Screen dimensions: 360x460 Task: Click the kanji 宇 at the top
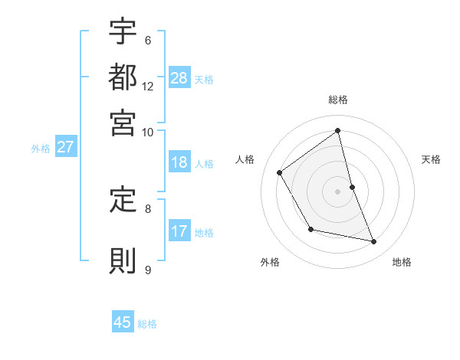(x=123, y=33)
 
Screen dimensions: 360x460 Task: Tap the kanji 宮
(x=123, y=121)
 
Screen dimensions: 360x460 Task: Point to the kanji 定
(x=123, y=201)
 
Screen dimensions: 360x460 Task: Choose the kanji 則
(x=123, y=260)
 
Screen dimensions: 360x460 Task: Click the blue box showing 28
(x=179, y=78)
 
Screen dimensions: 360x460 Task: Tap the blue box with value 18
(x=179, y=162)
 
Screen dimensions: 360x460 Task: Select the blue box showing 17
(x=179, y=231)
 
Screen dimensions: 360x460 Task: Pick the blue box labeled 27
(x=65, y=148)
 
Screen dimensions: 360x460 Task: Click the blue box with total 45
(x=123, y=322)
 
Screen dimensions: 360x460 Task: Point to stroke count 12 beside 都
(x=148, y=86)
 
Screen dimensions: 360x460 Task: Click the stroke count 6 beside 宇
(x=147, y=41)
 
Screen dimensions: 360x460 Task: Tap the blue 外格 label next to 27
(x=41, y=149)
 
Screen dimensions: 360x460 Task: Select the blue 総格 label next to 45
(x=147, y=324)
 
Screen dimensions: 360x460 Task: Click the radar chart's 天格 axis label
(x=431, y=159)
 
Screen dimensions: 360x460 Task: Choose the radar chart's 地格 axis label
(x=402, y=262)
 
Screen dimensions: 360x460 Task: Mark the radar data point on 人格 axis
(x=280, y=173)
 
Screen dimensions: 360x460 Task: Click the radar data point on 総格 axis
(x=338, y=130)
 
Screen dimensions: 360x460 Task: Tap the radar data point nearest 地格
(x=374, y=242)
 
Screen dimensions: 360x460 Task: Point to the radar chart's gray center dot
(x=337, y=191)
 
